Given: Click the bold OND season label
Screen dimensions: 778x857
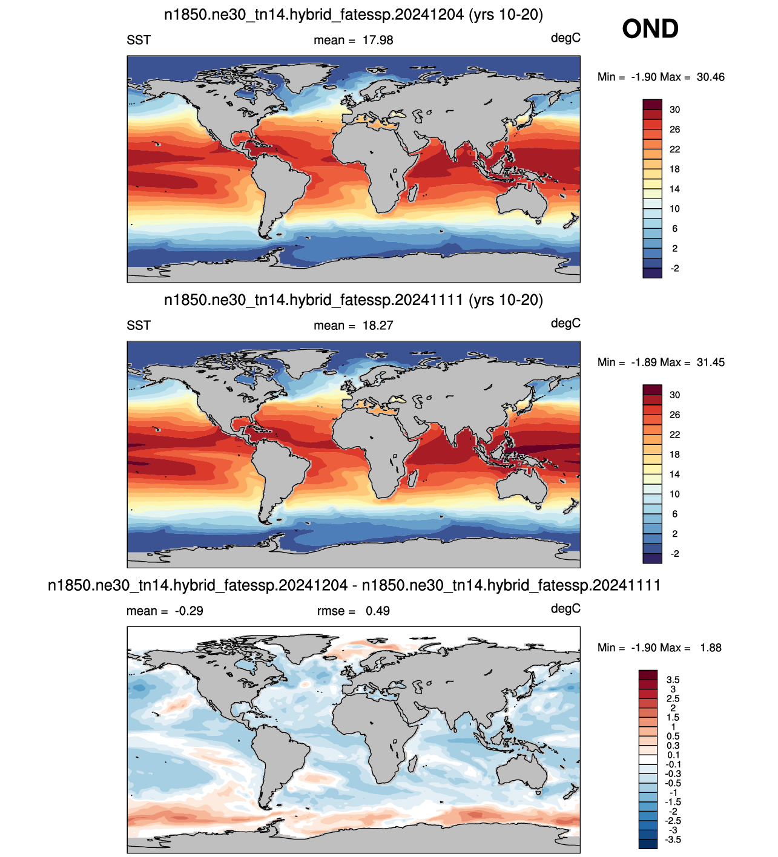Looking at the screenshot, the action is [x=650, y=29].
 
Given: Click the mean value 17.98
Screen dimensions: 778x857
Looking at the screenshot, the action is [x=378, y=40].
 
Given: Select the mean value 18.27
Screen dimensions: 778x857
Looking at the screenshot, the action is [x=378, y=326].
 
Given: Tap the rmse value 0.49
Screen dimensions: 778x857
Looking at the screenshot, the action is [x=377, y=611].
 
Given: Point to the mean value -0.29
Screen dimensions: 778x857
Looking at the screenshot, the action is [x=189, y=611].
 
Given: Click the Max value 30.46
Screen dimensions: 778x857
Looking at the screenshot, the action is [x=710, y=77].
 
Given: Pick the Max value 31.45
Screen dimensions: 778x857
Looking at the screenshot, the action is [x=710, y=363].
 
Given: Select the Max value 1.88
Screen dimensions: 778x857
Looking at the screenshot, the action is [x=710, y=648].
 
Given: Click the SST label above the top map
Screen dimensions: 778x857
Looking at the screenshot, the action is [x=139, y=40].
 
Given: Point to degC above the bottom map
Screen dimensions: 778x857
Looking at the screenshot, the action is [x=565, y=609].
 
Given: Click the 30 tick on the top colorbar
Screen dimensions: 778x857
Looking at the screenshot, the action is [x=674, y=110].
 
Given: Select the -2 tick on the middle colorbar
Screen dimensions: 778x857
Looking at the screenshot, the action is [x=674, y=554].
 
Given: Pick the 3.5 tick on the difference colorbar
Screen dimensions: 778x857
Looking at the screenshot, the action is [x=673, y=680].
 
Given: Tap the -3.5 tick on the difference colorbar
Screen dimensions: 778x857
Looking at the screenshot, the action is [x=673, y=839].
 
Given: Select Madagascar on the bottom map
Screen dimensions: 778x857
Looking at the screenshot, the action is [x=413, y=763].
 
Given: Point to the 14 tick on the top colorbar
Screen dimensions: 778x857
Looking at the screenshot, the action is [x=674, y=189].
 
